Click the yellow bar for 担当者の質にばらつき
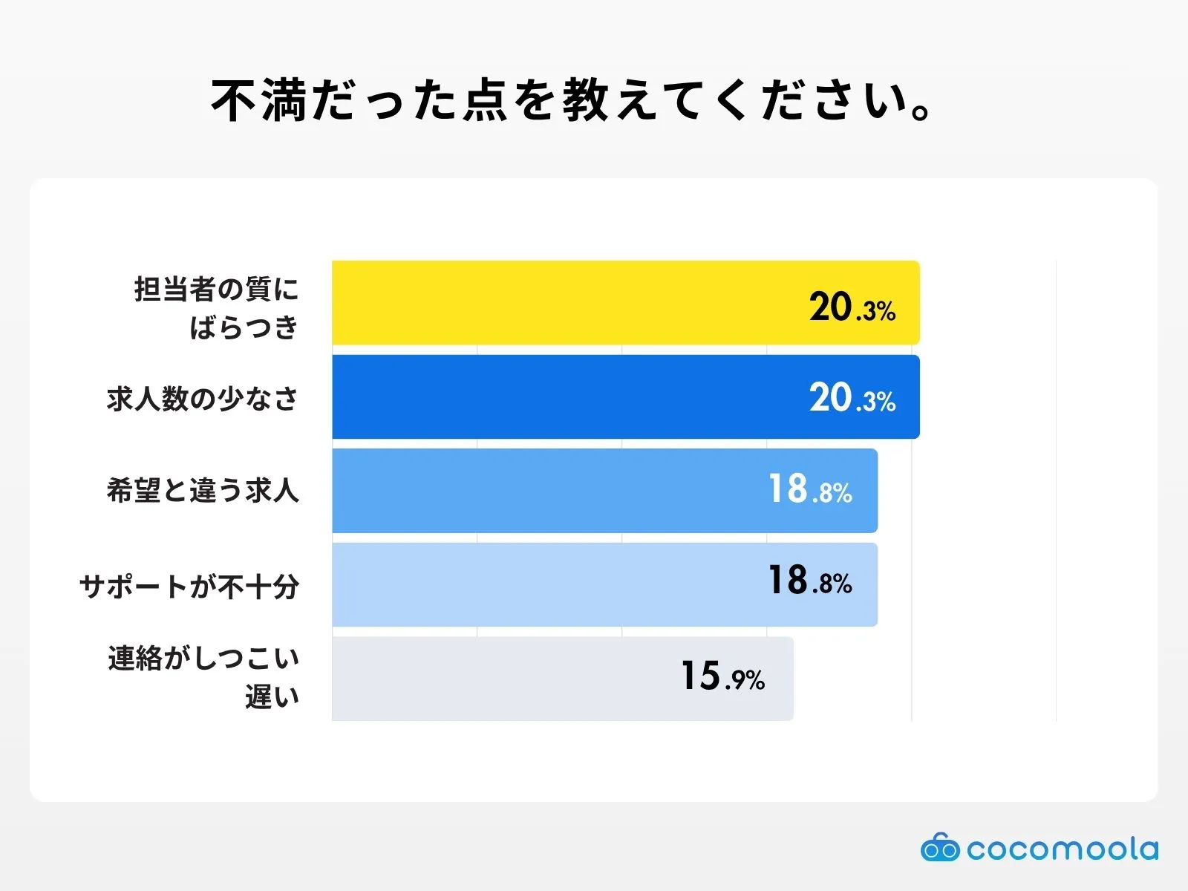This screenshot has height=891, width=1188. [564, 303]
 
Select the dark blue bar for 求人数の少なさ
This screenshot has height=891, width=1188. [564, 397]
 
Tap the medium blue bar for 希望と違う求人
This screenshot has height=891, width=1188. [549, 491]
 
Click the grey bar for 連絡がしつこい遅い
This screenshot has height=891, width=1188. [505, 679]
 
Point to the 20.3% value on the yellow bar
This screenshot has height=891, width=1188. [852, 307]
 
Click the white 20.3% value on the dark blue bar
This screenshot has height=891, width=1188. [852, 399]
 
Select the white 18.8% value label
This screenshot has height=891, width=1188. [810, 490]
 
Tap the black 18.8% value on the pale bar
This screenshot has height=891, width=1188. [810, 581]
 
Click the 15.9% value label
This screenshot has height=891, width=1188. [722, 676]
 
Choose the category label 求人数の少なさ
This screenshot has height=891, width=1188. [203, 399]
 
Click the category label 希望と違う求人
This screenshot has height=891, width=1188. [203, 491]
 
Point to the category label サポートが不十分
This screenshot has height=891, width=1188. [189, 587]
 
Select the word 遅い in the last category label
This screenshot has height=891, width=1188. [272, 696]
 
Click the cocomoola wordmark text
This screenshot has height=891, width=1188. [1062, 849]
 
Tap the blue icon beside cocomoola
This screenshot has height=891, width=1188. [940, 848]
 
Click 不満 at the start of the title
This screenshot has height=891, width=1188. [259, 101]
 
